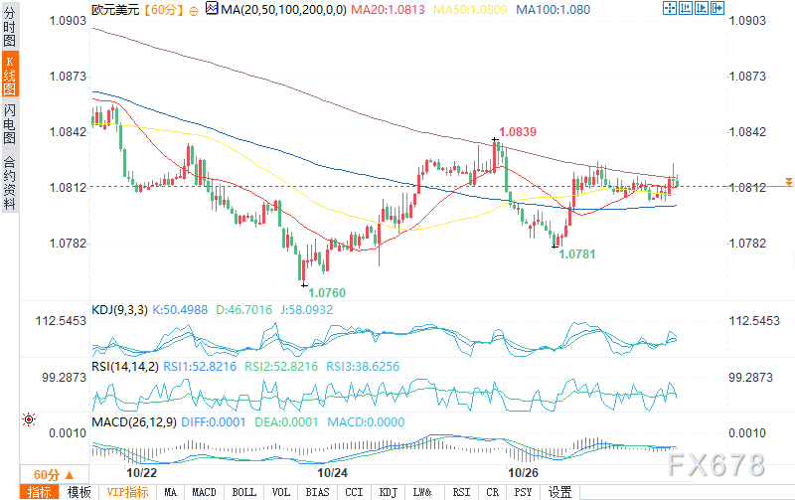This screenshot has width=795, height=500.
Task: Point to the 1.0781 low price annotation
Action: point(577,254)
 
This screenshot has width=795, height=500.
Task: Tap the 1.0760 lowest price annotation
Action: point(327,293)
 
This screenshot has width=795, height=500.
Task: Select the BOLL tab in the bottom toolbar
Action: point(243,492)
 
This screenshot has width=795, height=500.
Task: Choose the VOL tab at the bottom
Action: point(281,492)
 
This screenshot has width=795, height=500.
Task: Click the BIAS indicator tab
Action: point(317,492)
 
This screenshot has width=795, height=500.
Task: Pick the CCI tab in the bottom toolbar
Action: point(353,492)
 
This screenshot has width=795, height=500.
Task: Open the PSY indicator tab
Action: point(524,492)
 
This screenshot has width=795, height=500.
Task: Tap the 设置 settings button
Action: point(559,492)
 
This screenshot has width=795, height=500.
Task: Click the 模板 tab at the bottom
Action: point(78,492)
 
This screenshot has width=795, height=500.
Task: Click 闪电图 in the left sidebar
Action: point(9,122)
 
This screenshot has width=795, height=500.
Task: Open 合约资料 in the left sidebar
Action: point(9,183)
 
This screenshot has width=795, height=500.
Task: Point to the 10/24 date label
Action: point(333,473)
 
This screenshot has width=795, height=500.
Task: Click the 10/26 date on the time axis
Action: point(523,473)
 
